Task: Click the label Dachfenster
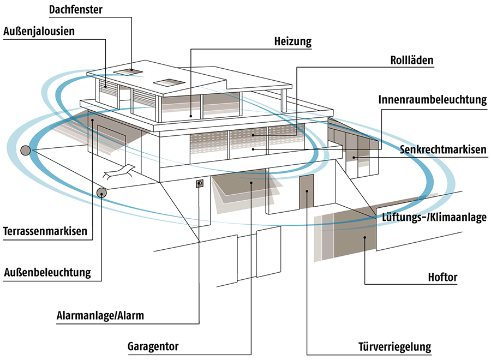75,10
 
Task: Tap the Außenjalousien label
39,32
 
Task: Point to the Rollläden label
412,61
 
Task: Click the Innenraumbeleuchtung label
432,100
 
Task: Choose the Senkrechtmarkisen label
442,149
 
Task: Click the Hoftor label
442,278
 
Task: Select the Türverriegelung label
394,347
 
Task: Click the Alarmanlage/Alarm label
100,315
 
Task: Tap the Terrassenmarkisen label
45,231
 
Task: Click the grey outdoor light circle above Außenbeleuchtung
102,192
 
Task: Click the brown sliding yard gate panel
355,235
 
